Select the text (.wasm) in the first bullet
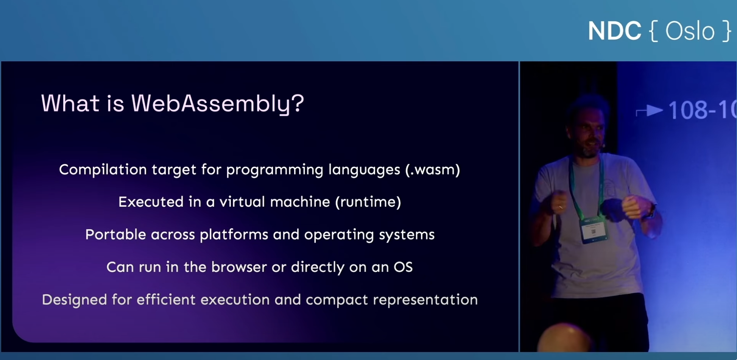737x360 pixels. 433,170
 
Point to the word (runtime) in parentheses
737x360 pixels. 368,202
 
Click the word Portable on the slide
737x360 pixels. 115,234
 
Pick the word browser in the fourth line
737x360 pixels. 239,267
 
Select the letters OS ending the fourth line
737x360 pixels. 403,267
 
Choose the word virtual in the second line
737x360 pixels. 242,202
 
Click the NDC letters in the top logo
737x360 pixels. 614,31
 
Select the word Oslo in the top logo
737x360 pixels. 690,31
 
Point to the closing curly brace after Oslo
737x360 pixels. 726,31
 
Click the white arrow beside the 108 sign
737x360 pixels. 649,111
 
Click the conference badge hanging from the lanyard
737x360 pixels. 594,229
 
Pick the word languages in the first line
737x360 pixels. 364,170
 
